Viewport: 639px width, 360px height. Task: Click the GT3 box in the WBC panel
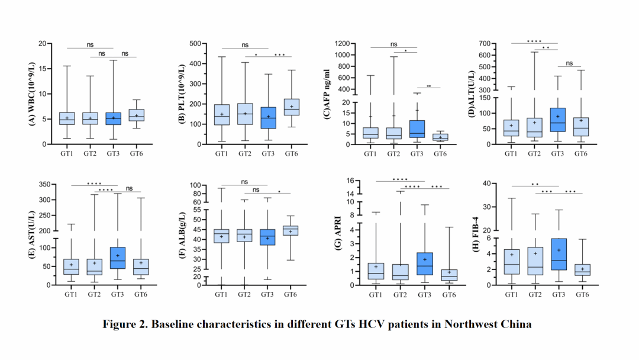click(114, 118)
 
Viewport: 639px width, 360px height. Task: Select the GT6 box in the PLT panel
click(291, 107)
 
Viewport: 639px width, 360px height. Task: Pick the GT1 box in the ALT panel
click(510, 128)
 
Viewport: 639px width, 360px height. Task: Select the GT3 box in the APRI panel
click(425, 263)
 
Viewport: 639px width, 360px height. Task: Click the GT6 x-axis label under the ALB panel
click(291, 294)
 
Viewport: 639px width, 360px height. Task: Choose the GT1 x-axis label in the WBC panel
click(67, 154)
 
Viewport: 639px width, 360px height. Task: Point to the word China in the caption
click(517, 324)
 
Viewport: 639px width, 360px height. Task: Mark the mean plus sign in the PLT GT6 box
click(291, 107)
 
